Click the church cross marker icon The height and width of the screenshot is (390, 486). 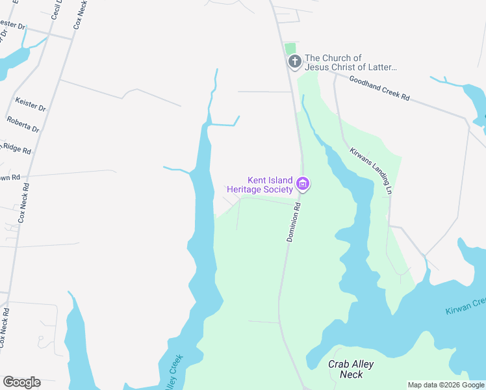295,62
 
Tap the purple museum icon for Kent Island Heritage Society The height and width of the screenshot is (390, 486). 302,185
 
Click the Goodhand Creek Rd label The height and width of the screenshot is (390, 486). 379,88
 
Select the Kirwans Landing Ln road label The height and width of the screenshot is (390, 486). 372,170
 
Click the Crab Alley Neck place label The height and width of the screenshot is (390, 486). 351,369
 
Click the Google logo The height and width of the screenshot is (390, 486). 21,382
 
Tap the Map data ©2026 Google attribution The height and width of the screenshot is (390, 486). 446,385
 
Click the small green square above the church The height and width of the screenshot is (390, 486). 290,49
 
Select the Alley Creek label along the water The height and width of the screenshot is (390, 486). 171,373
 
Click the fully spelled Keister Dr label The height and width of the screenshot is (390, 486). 31,104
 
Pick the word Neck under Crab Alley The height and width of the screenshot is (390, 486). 351,375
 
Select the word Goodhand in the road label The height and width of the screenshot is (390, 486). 367,84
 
